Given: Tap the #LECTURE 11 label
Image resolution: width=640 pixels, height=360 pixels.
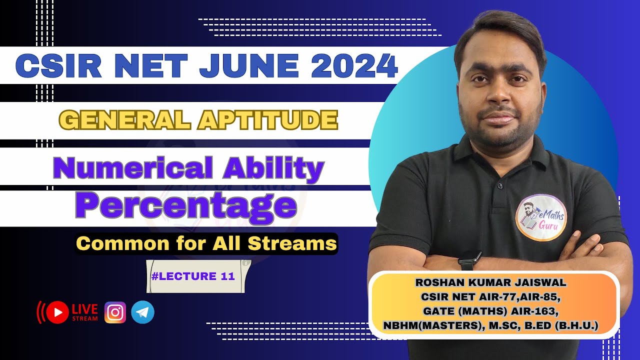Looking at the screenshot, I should tap(192, 276).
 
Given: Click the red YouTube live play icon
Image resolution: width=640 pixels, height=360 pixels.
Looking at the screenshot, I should tap(58, 312).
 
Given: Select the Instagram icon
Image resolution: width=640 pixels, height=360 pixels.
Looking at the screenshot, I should tap(115, 312).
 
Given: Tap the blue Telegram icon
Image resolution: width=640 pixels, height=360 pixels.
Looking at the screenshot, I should tap(142, 312).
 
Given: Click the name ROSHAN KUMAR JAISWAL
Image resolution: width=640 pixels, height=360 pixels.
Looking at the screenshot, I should tap(490, 282).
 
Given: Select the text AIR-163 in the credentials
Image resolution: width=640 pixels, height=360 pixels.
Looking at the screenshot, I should tap(535, 311).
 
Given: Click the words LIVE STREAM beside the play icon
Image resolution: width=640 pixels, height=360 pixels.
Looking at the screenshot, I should tap(85, 312).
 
